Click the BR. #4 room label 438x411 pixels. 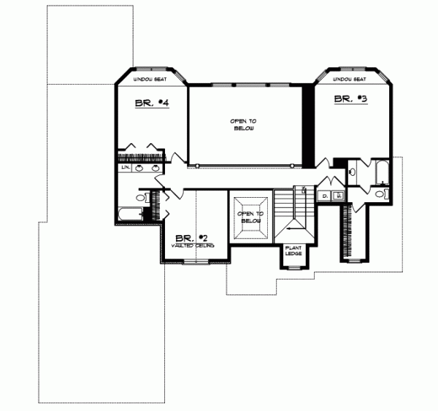click(x=152, y=104)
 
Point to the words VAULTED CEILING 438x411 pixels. click(x=193, y=246)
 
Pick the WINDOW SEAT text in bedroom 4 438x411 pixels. click(x=152, y=79)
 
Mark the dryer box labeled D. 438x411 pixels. click(x=326, y=196)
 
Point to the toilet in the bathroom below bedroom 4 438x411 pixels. click(x=142, y=197)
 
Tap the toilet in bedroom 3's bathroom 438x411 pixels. click(x=381, y=194)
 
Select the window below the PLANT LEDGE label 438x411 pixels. click(x=296, y=268)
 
